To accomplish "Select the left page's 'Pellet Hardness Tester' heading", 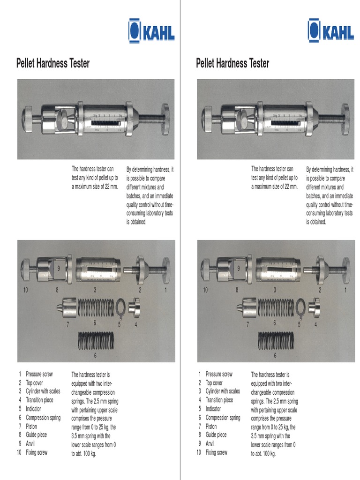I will click(x=53, y=63).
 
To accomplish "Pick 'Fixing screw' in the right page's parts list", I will click(x=216, y=452).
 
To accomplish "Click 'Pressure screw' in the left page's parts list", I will click(x=39, y=374).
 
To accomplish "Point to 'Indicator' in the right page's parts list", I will click(x=213, y=409).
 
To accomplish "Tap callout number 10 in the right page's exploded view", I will click(x=205, y=291).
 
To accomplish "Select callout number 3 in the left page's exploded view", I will click(x=95, y=291).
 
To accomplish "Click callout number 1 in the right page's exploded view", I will click(x=345, y=291).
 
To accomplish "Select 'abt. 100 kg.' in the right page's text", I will click(x=263, y=454).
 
